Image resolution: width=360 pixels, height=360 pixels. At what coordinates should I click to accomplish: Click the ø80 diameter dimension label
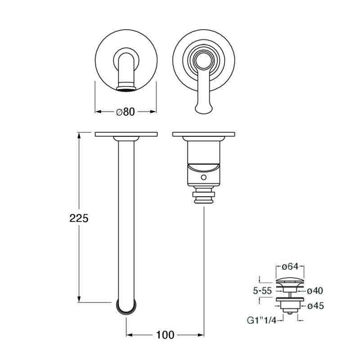[x=126, y=112]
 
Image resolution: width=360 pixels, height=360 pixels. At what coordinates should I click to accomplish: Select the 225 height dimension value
[x=79, y=218]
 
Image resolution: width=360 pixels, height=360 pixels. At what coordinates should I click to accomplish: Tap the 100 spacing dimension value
[x=165, y=335]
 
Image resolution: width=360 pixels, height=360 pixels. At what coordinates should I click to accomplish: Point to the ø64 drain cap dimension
[x=290, y=266]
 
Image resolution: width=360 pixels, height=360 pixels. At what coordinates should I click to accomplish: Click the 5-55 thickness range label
[x=262, y=291]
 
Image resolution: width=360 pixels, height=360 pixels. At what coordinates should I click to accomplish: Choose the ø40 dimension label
[x=315, y=291]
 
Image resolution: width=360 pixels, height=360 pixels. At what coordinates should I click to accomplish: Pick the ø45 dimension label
[x=315, y=306]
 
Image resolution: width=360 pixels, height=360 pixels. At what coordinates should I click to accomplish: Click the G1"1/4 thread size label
[x=262, y=320]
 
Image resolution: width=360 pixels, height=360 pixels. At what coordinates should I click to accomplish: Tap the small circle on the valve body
[x=203, y=177]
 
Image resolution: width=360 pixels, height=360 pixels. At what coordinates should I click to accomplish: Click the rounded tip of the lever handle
[x=203, y=109]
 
